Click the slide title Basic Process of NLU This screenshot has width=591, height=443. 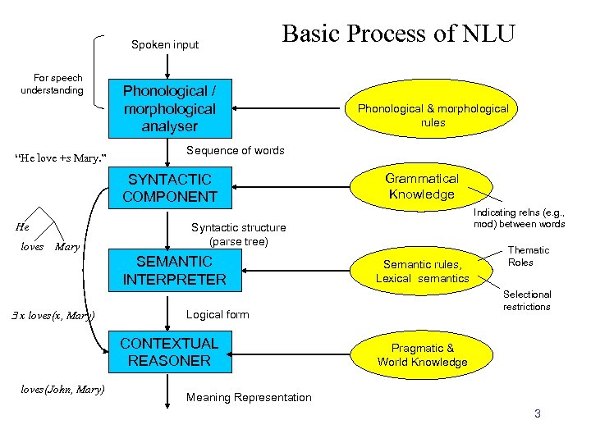coord(398,34)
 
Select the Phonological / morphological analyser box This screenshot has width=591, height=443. coord(169,108)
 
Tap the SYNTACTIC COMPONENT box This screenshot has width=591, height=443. coord(169,188)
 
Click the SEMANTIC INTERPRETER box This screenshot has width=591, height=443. coord(173,271)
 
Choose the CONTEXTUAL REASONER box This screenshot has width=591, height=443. coord(169,352)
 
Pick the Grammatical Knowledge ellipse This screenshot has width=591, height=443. coord(422,186)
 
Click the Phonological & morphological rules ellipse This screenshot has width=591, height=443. coord(433,116)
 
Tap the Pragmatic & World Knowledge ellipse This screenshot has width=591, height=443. coord(422,355)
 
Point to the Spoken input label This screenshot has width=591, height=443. coord(165,44)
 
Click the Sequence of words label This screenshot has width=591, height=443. coord(236,151)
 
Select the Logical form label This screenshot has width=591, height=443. coord(218,314)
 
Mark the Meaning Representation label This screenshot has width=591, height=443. coord(249,398)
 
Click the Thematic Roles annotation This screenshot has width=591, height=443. coord(529,256)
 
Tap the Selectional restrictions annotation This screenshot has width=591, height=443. coord(527,300)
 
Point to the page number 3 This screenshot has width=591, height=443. coord(538,413)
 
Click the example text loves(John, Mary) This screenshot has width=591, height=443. coord(62,389)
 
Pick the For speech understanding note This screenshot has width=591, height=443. coord(52,84)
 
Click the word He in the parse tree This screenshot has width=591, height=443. coord(23,226)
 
